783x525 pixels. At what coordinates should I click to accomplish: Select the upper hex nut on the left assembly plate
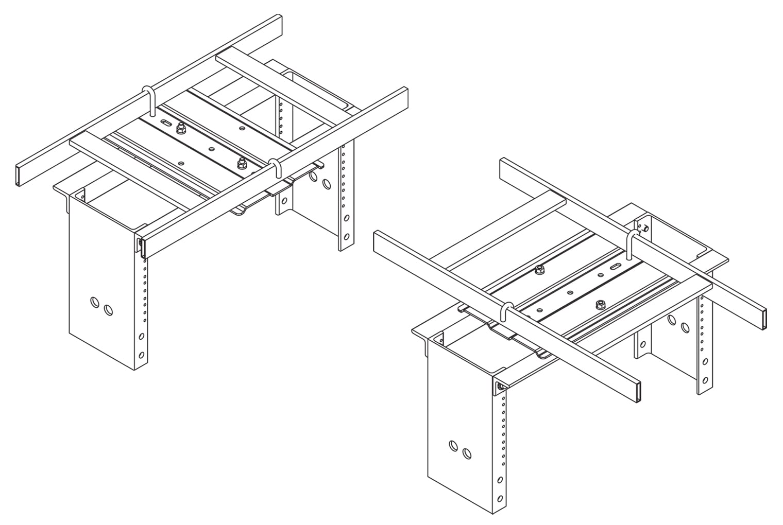pyautogui.click(x=180, y=129)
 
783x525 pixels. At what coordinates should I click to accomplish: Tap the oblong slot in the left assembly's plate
pyautogui.click(x=166, y=124)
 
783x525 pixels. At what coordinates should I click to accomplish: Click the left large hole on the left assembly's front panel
pyautogui.click(x=95, y=303)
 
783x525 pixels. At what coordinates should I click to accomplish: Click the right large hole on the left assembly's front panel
pyautogui.click(x=108, y=310)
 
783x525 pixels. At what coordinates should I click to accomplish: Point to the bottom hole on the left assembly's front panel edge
pyautogui.click(x=142, y=355)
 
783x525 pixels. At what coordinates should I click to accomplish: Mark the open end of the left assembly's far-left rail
pyautogui.click(x=18, y=176)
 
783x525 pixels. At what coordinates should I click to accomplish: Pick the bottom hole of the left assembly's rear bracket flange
pyautogui.click(x=347, y=236)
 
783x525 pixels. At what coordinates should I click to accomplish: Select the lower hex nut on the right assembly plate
pyautogui.click(x=600, y=304)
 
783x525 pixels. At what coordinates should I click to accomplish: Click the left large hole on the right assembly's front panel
pyautogui.click(x=454, y=446)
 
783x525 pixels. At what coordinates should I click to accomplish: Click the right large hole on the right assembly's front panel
pyautogui.click(x=466, y=453)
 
